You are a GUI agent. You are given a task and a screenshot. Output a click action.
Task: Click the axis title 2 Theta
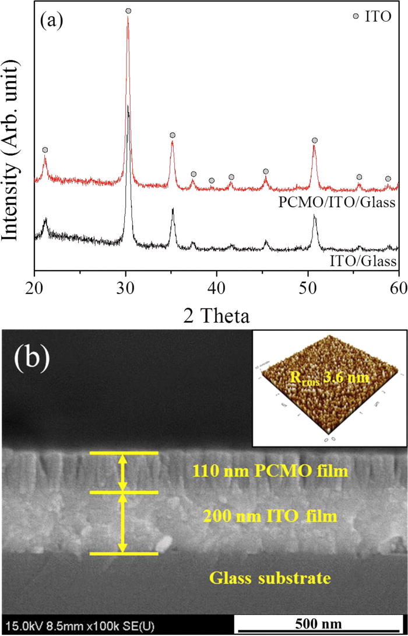[x=216, y=315]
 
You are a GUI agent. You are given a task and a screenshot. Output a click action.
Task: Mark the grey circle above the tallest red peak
[x=128, y=11]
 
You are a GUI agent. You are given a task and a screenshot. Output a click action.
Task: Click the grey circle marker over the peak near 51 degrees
[x=315, y=141]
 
